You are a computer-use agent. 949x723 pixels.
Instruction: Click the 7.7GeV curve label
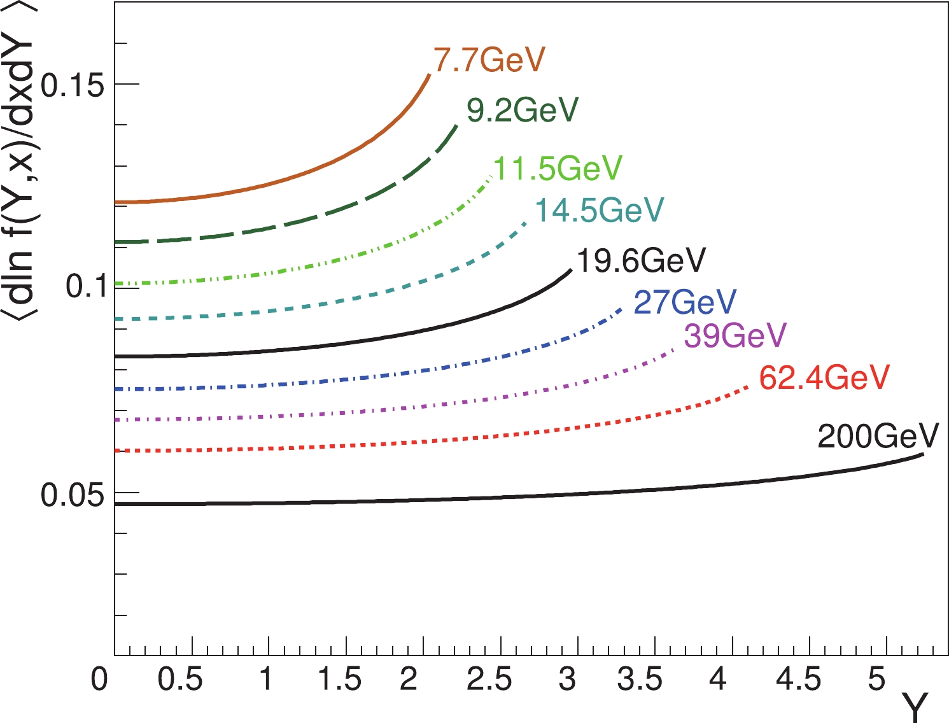[489, 60]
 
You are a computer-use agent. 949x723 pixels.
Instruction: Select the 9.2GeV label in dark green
[523, 110]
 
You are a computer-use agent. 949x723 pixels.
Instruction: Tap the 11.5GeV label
[558, 169]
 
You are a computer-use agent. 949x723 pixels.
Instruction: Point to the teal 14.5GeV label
[599, 210]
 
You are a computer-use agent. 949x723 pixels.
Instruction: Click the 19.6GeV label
[641, 260]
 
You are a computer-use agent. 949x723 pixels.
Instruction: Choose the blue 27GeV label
[685, 302]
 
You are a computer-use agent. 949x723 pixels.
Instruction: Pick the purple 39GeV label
[735, 335]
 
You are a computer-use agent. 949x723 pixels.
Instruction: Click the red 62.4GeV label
[824, 378]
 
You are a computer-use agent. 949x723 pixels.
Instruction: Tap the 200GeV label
[878, 437]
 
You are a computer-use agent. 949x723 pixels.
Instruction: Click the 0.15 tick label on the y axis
[72, 85]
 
